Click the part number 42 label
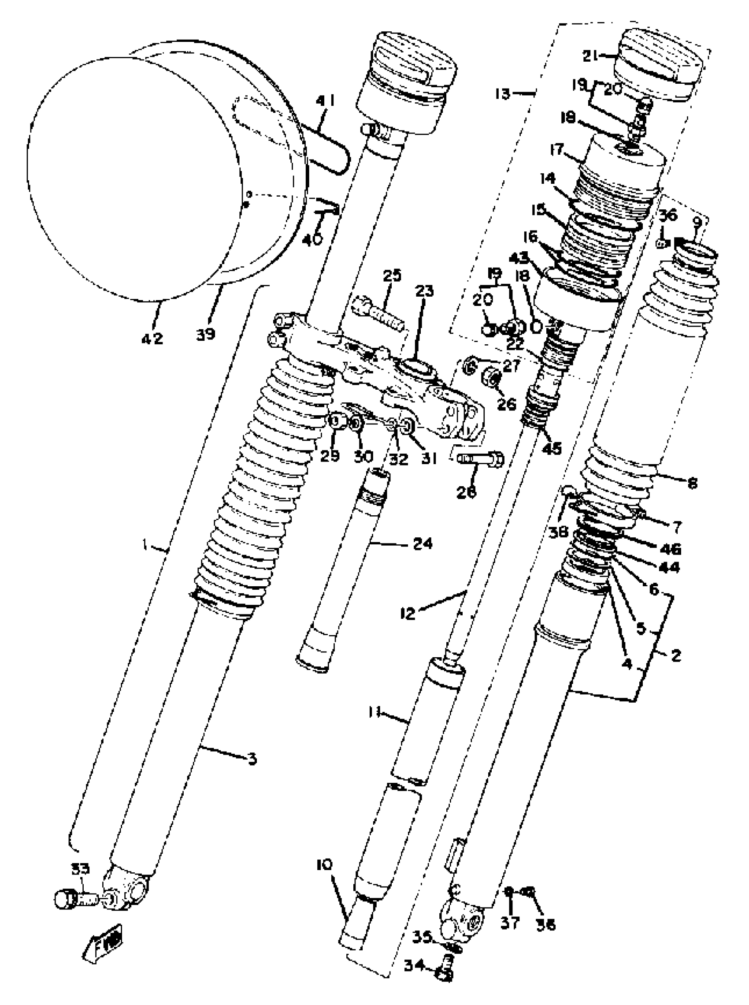tap(152, 338)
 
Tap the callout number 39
tap(205, 334)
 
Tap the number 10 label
tap(325, 865)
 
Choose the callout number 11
tap(374, 712)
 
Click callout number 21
tap(590, 56)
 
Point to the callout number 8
tap(692, 484)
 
